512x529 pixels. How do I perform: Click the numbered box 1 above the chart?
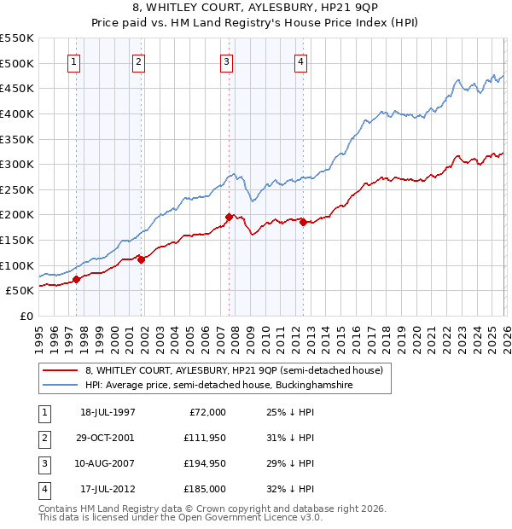click(73, 61)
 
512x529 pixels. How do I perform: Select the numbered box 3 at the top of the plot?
click(226, 61)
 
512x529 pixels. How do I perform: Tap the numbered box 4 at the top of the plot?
click(301, 61)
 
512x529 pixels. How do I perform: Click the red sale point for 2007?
click(229, 218)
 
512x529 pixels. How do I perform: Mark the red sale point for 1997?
click(77, 279)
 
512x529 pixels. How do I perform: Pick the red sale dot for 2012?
click(303, 223)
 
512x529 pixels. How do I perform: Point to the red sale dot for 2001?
click(142, 259)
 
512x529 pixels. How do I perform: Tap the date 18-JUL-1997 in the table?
click(108, 412)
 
